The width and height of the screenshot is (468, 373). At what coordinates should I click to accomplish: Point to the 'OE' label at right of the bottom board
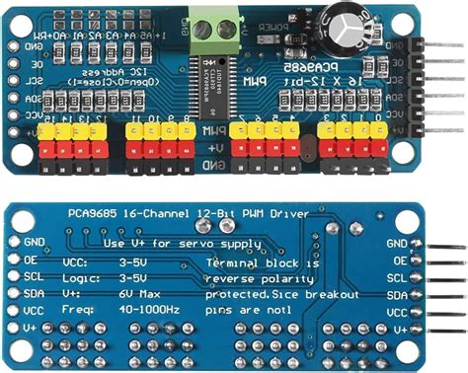click(x=400, y=260)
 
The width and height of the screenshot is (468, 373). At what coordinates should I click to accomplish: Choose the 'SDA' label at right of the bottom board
click(x=397, y=295)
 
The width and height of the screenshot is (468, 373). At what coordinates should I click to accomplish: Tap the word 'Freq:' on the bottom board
click(x=81, y=311)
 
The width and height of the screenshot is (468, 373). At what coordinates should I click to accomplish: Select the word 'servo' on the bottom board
click(x=187, y=243)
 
